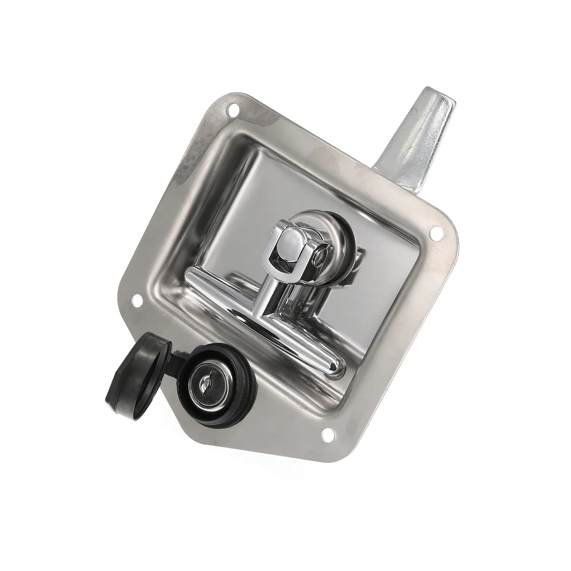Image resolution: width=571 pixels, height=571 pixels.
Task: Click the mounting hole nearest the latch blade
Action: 232,112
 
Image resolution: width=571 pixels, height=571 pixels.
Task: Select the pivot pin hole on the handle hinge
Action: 322,253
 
